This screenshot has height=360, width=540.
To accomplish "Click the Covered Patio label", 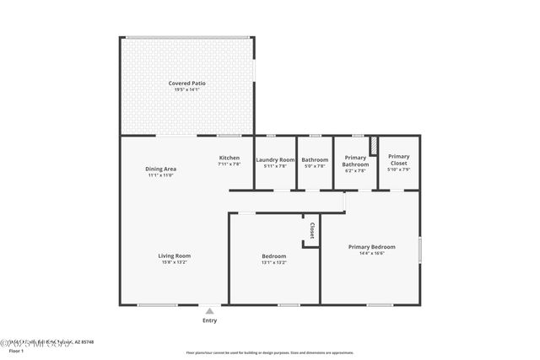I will tap(186, 83).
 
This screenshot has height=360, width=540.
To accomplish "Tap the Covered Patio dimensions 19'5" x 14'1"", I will tap(186, 90).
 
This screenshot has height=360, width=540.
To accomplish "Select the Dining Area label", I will tap(160, 169).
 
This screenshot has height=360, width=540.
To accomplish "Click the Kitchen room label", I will tap(229, 158).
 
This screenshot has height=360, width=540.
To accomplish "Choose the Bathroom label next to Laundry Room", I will tap(315, 159).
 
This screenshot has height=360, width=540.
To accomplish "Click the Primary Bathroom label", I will tap(355, 160).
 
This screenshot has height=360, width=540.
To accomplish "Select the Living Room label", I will tap(175, 255).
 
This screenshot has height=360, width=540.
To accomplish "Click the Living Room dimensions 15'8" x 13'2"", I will tap(175, 263).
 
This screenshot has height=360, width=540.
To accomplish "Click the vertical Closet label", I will tap(311, 230).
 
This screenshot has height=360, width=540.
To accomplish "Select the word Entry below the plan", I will tap(209, 320).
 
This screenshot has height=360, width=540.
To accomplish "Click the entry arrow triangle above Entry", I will tap(209, 309).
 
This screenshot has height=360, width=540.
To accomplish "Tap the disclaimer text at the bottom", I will tap(269, 351).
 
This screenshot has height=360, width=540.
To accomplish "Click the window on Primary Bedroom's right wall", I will tap(420, 253).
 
